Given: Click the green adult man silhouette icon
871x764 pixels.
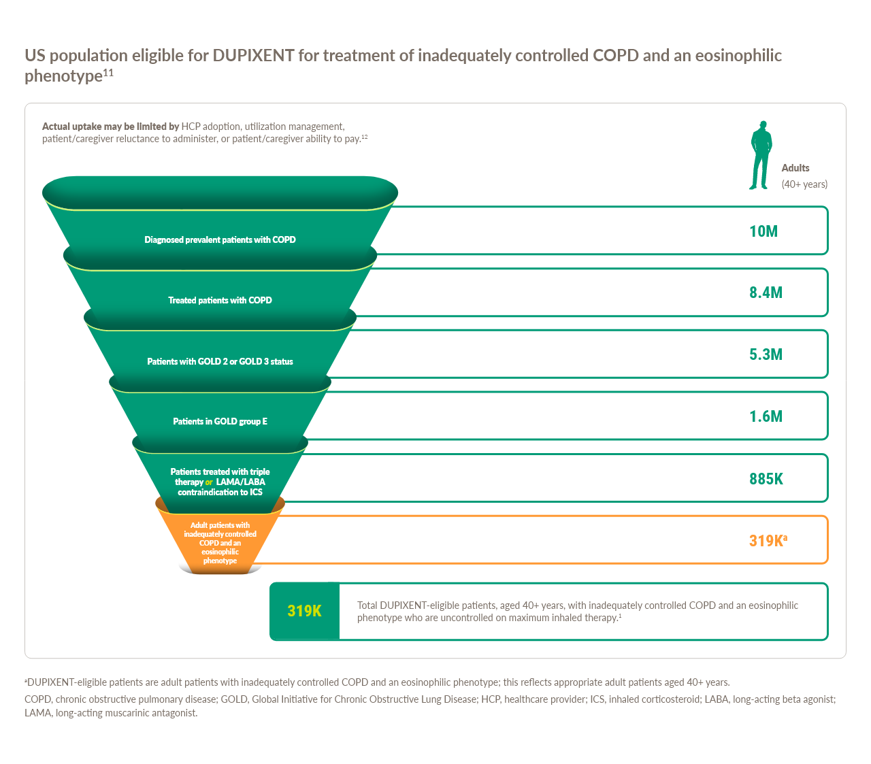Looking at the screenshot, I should (761, 156).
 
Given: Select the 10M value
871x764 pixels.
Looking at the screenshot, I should (763, 231).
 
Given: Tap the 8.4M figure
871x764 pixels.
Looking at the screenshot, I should (766, 293).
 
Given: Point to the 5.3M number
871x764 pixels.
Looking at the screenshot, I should (766, 354).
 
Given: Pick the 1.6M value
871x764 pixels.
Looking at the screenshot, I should (766, 416).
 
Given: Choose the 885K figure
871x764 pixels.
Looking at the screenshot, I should (766, 479).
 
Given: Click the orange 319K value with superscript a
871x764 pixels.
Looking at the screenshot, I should (767, 541).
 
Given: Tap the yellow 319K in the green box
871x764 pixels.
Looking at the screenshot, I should (304, 611).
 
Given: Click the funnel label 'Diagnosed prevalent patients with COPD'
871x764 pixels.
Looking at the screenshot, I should (220, 239).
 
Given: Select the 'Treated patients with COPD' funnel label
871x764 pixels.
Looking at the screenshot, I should (220, 300).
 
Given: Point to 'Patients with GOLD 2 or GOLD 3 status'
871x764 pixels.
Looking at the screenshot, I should (220, 361).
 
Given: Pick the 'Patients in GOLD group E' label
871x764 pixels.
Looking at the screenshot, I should (220, 421).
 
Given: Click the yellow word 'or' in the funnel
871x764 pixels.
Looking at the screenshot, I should (209, 482).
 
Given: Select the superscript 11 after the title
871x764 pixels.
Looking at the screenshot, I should (108, 72).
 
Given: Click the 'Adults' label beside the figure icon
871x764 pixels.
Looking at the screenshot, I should (795, 168).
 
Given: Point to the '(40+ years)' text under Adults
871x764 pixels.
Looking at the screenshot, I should (804, 184).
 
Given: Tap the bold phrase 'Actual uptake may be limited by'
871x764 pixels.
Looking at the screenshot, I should (110, 127).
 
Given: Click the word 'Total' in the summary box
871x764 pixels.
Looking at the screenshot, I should (367, 605).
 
